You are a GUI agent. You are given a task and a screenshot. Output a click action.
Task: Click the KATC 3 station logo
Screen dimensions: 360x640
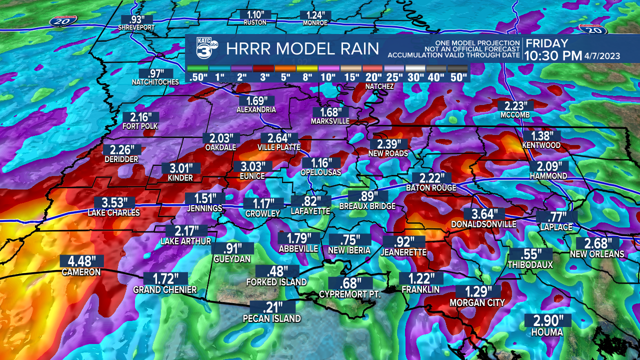pyautogui.click(x=205, y=48)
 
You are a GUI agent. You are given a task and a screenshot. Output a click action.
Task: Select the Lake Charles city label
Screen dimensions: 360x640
pyautogui.click(x=113, y=212)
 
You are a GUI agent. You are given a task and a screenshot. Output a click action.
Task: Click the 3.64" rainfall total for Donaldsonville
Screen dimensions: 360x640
pyautogui.click(x=483, y=214)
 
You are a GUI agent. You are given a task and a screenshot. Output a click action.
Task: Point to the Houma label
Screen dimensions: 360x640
pyautogui.click(x=547, y=332)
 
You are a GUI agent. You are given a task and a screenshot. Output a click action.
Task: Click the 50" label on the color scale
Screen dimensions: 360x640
pyautogui.click(x=458, y=77)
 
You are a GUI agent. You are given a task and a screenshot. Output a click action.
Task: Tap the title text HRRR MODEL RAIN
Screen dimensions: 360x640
pyautogui.click(x=302, y=49)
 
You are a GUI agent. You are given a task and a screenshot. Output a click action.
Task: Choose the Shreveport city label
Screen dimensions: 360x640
pyautogui.click(x=136, y=27)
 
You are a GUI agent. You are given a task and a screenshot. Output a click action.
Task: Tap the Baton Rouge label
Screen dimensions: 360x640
pyautogui.click(x=431, y=187)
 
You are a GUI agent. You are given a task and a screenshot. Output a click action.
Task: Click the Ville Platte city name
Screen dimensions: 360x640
pyautogui.click(x=279, y=147)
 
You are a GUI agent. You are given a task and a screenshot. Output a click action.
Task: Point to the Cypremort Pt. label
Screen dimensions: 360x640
pyautogui.click(x=350, y=294)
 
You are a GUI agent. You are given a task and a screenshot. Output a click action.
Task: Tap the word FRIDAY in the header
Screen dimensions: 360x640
pyautogui.click(x=547, y=43)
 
